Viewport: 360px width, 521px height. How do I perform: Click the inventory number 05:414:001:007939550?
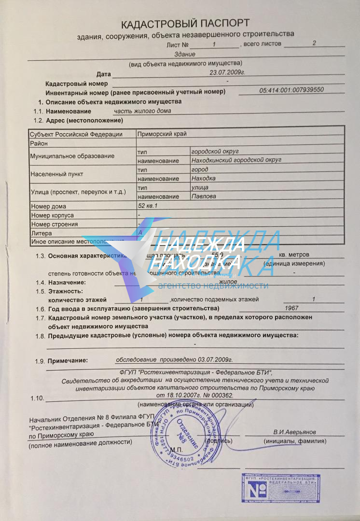pos(291,90)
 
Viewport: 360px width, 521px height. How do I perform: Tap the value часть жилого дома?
pos(142,110)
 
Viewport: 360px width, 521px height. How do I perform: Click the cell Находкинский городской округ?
pos(236,160)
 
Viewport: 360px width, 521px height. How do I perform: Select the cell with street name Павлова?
pos(204,196)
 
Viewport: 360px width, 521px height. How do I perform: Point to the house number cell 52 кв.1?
pos(148,206)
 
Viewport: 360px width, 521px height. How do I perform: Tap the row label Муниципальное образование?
pos(72,156)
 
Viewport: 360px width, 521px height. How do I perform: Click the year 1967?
pos(291,308)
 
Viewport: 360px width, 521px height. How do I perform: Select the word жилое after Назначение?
pos(228,281)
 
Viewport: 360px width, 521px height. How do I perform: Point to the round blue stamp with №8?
pos(186,433)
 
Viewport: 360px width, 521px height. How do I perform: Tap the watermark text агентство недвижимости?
pos(213,285)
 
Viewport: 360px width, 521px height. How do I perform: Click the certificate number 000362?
pos(223,395)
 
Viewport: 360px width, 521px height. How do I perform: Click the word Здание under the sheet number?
pos(184,54)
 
